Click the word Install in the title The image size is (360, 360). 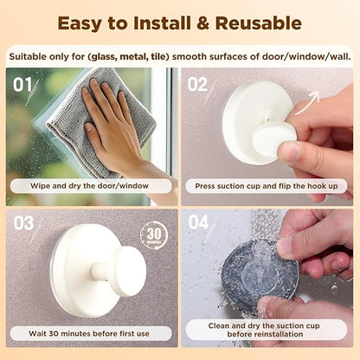(147, 24)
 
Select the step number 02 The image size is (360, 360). (198, 85)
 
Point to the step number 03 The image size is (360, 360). (24, 223)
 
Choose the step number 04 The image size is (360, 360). (199, 223)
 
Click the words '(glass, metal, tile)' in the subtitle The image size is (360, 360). (135, 57)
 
